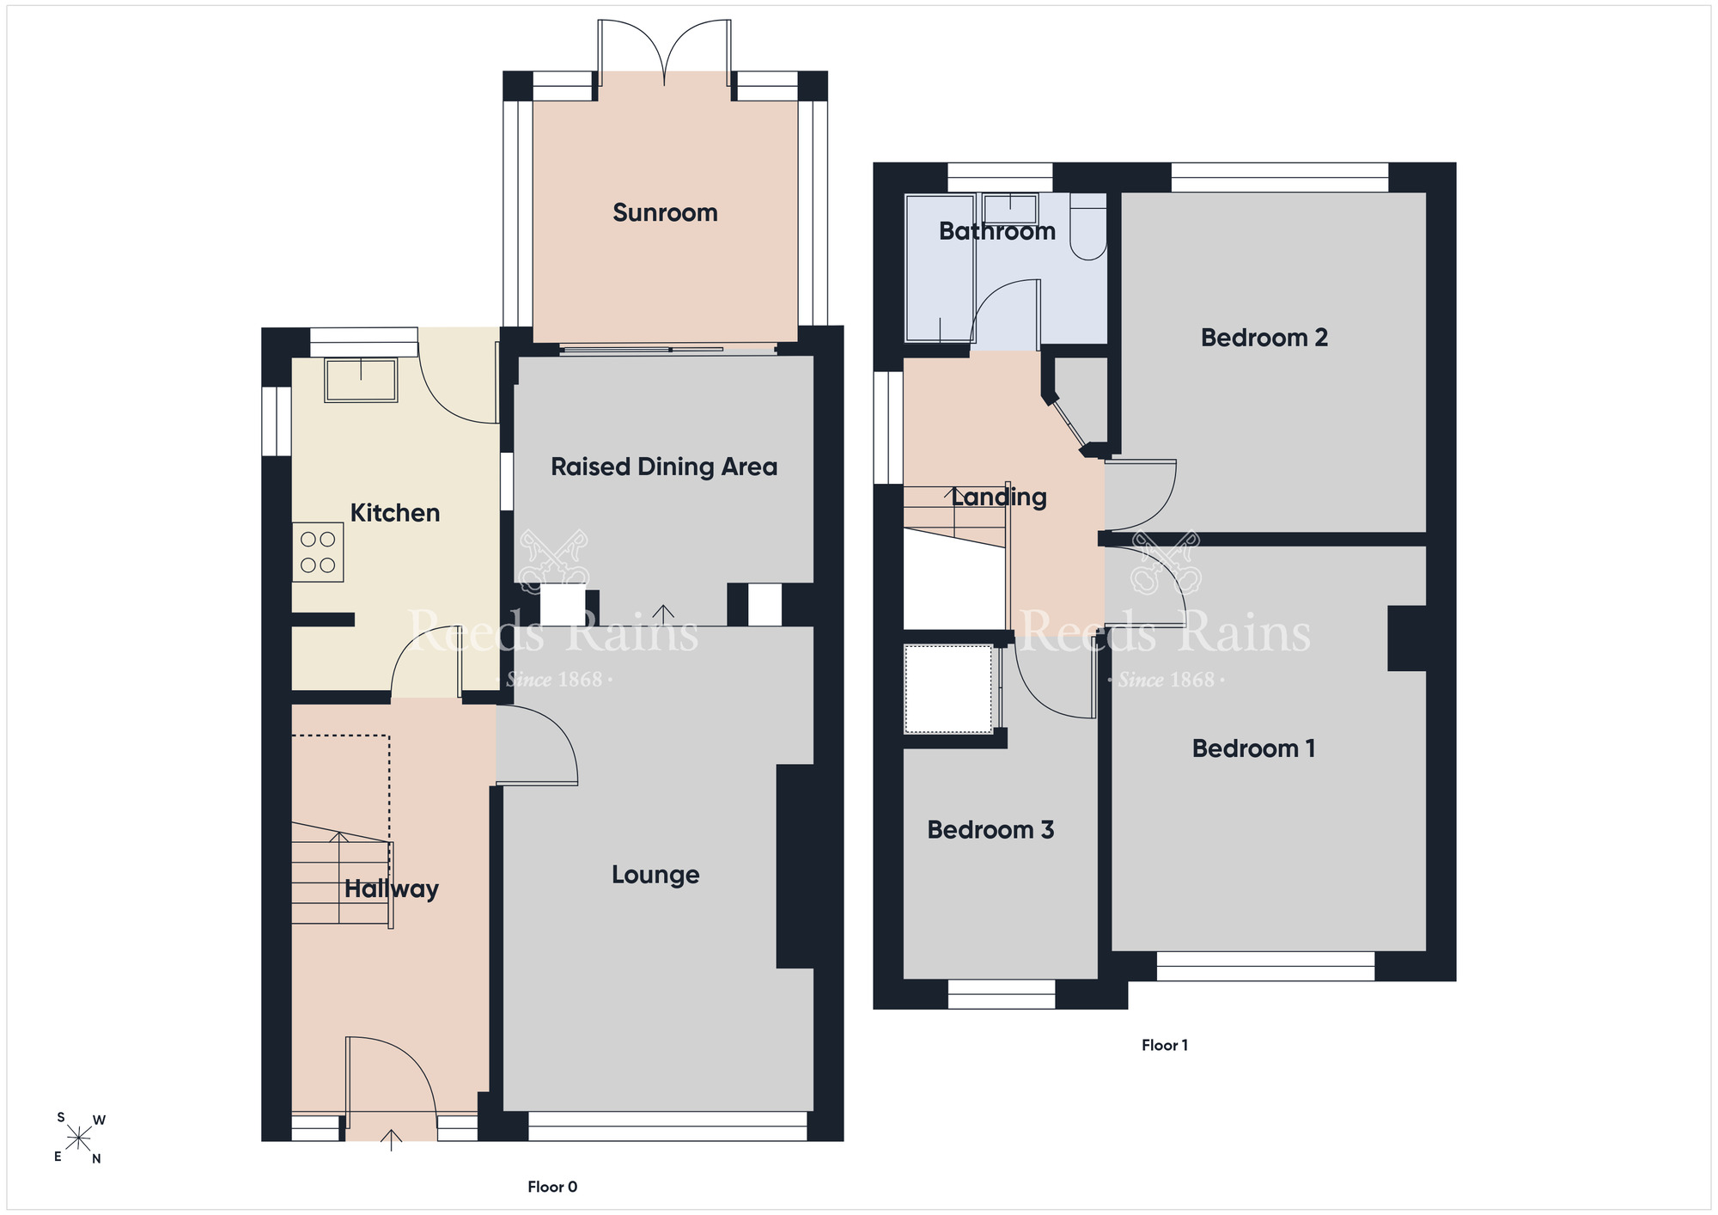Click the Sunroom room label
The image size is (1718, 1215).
point(665,212)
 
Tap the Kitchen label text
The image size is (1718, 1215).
point(395,513)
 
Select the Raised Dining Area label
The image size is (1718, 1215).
point(664,467)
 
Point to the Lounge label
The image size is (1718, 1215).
point(655,875)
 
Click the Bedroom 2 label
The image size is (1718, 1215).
point(1264,338)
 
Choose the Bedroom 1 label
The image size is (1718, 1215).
point(1253,748)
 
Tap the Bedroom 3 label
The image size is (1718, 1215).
point(990,829)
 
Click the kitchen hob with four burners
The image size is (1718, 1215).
point(318,553)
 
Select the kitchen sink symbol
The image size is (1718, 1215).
point(361,381)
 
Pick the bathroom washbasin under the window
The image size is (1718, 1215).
point(1010,209)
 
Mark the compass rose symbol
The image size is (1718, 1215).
point(79,1139)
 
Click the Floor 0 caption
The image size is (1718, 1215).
point(552,1187)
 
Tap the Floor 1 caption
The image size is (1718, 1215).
point(1165,1045)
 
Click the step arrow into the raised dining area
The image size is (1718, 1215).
point(663,614)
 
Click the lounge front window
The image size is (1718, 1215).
point(667,1126)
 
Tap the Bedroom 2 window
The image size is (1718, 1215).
point(1280,177)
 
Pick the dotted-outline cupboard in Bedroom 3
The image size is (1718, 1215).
point(948,689)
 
